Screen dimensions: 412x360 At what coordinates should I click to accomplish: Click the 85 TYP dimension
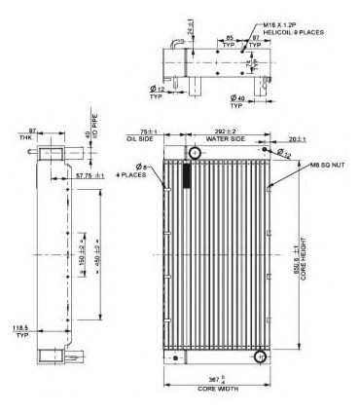[x=230, y=43]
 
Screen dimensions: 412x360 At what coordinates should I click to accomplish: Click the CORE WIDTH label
[x=220, y=390]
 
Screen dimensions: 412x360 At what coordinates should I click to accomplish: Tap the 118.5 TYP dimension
[x=18, y=332]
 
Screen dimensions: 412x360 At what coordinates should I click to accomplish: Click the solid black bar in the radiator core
[x=187, y=176]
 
